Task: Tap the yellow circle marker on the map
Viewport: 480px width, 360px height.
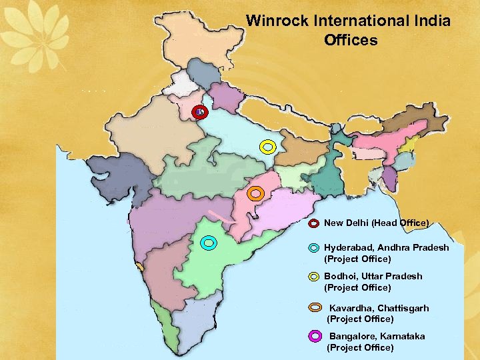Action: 267,147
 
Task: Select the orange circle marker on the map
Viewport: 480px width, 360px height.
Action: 255,194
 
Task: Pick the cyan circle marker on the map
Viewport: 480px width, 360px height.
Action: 209,243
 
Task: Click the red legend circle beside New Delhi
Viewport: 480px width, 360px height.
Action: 313,223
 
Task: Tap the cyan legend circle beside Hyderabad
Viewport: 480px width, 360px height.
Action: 313,247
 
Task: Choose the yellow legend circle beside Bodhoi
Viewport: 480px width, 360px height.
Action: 313,276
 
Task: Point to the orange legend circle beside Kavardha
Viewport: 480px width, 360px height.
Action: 316,308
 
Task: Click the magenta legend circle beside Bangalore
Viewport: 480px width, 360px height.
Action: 315,336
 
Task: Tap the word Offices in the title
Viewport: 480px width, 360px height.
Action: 351,41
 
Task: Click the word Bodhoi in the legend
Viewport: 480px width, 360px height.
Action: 341,276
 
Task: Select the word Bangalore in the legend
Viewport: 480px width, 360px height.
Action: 352,336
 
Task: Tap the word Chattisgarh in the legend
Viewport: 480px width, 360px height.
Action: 403,308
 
